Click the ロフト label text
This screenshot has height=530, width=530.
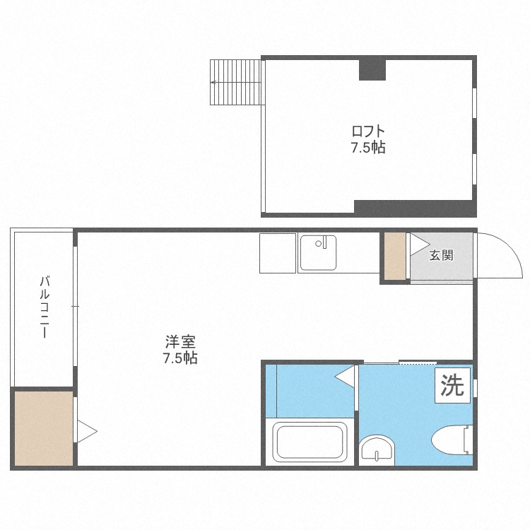pyautogui.click(x=368, y=131)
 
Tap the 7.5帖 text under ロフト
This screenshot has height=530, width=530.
pyautogui.click(x=368, y=148)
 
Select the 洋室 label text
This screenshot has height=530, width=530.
pyautogui.click(x=180, y=342)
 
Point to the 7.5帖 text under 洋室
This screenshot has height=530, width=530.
pyautogui.click(x=180, y=358)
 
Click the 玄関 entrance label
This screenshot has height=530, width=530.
pyautogui.click(x=441, y=255)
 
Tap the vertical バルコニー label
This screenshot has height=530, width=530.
pyautogui.click(x=45, y=307)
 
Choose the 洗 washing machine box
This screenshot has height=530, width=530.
pyautogui.click(x=452, y=386)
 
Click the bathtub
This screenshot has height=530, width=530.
pyautogui.click(x=310, y=442)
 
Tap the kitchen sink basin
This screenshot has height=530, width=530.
pyautogui.click(x=318, y=253)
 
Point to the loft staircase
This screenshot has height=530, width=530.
pyautogui.click(x=235, y=83)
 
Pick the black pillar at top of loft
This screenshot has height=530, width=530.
pyautogui.click(x=372, y=70)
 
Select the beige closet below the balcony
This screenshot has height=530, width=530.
pyautogui.click(x=44, y=428)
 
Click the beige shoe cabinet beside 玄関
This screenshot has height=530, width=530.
pyautogui.click(x=395, y=257)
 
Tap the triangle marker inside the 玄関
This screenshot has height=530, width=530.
pyautogui.click(x=420, y=245)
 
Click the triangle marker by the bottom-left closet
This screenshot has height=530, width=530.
pyautogui.click(x=87, y=431)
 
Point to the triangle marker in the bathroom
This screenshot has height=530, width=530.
pyautogui.click(x=345, y=376)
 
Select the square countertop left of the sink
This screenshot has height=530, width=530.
pyautogui.click(x=278, y=253)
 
